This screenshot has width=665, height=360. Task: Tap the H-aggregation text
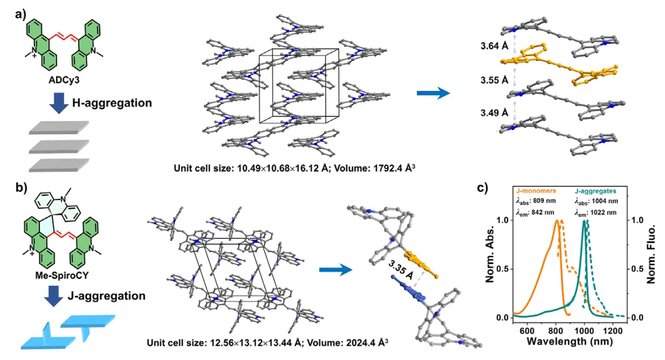coord(112,103)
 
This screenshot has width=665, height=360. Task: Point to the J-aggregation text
coord(107,295)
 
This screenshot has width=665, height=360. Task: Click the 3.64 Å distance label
coord(494,46)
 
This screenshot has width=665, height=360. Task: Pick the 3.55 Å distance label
coord(494,80)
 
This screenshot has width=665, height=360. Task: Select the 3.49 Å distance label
coord(494,113)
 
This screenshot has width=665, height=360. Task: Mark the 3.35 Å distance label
coord(401,270)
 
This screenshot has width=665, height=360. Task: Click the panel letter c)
coord(482,188)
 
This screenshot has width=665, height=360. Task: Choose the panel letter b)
coord(21,188)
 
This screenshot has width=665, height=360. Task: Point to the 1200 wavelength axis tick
coord(613,330)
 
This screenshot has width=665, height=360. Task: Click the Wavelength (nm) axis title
coord(570,342)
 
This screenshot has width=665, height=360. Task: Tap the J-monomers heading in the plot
coord(536,191)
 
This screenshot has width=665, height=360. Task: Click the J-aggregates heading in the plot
coord(595,191)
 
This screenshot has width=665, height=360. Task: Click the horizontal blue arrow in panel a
coord(433,93)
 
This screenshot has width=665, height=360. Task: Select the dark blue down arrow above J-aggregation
coord(54,296)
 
